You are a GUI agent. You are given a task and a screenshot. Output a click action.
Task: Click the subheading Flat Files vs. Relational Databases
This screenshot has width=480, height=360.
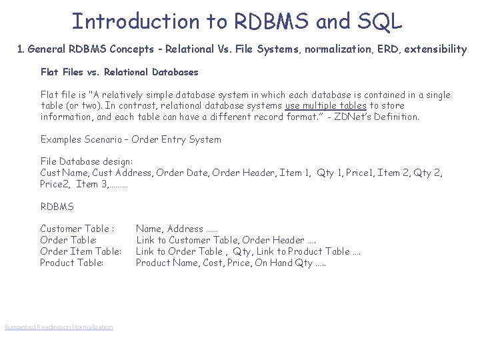tap(119, 72)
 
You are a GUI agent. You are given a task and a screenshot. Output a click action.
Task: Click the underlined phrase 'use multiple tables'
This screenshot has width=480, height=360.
tap(325, 106)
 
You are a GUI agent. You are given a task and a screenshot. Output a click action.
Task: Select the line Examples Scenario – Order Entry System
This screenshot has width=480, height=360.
tap(131, 140)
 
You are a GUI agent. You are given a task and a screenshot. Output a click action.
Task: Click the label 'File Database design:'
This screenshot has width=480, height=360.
tap(87, 162)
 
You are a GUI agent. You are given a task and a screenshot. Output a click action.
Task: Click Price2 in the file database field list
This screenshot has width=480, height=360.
tap(55, 184)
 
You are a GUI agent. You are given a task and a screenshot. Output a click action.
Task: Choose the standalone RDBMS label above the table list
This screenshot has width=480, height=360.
tap(57, 207)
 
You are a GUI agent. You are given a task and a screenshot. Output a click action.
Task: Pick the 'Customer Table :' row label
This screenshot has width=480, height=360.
tap(77, 229)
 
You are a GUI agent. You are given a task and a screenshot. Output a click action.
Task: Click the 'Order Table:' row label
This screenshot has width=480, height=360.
tap(69, 240)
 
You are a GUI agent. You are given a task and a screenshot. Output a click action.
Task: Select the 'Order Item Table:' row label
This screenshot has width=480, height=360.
tap(81, 251)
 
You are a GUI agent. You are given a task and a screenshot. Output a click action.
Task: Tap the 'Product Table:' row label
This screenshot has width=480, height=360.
tap(72, 263)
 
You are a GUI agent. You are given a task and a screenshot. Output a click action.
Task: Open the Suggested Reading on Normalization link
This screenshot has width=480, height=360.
tap(59, 327)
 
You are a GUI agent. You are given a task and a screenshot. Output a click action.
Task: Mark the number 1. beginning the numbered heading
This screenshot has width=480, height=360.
tap(21, 49)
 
